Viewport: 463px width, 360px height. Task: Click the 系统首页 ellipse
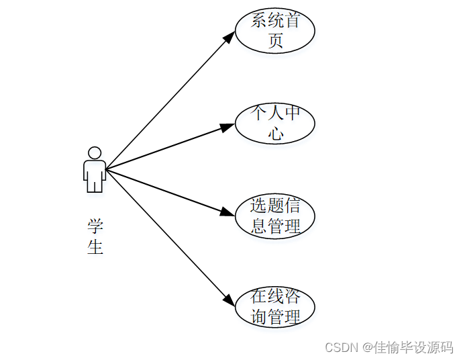coord(275,30)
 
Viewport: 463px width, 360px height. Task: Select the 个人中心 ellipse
coord(275,123)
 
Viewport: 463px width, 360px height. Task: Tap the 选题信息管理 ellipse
coord(275,216)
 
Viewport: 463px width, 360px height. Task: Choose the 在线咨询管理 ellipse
coord(275,306)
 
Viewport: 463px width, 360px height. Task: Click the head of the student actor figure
coord(95,153)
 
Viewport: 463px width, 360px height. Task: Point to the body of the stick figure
coord(95,173)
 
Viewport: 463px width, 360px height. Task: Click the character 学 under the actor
coord(95,226)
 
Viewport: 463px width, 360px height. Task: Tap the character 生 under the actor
coord(95,246)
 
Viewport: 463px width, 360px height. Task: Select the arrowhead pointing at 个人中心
coord(228,126)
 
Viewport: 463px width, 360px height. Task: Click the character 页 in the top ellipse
coord(275,41)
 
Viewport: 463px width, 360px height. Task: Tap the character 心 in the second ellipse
coord(275,134)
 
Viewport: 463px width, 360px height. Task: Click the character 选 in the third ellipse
coord(258,205)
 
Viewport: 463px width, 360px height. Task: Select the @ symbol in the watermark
coord(368,347)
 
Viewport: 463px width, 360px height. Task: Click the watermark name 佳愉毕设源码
coord(413,347)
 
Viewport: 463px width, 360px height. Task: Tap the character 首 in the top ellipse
coord(292,20)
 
